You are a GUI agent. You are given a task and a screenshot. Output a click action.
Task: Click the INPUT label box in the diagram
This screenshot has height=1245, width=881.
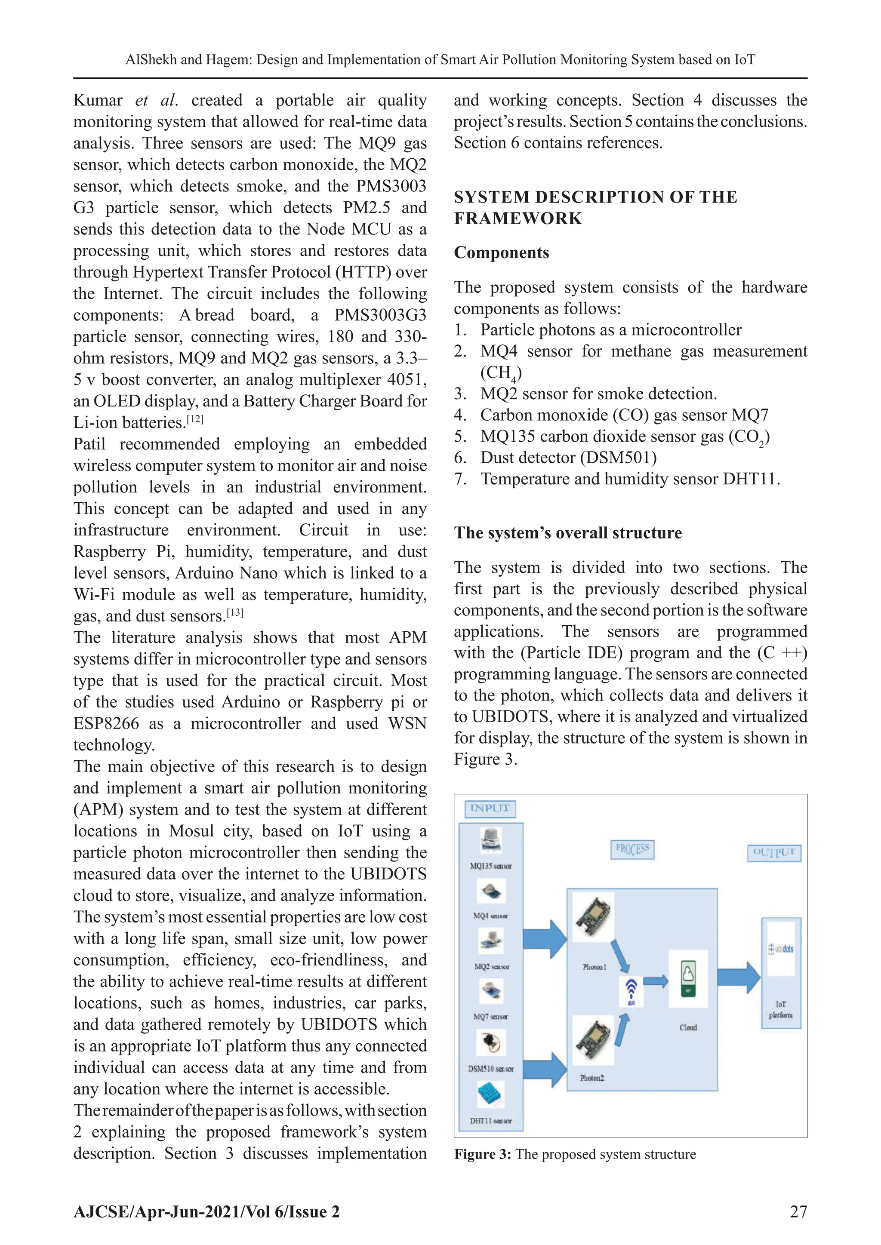tap(490, 808)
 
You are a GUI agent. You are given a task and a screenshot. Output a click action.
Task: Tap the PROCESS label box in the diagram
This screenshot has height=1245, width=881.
tap(632, 849)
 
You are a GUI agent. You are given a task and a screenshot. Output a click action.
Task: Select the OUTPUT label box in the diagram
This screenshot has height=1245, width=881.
tap(774, 852)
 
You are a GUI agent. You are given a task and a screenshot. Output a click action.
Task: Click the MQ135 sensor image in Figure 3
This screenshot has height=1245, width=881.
tap(491, 841)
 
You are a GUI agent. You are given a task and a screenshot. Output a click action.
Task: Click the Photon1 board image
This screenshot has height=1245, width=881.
tap(594, 916)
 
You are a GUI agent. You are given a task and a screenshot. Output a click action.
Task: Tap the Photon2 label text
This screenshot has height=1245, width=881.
tap(592, 1078)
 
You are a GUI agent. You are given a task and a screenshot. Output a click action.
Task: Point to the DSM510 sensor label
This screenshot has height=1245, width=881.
tap(490, 1069)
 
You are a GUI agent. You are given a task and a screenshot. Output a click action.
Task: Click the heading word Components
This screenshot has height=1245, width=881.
tap(501, 253)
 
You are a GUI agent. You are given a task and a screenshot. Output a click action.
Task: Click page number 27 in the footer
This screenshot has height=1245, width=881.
tap(798, 1212)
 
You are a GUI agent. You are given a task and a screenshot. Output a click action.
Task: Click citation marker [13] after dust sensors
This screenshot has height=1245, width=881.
tap(235, 613)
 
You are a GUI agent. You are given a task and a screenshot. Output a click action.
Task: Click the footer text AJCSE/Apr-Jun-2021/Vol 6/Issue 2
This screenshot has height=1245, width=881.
tap(206, 1212)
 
